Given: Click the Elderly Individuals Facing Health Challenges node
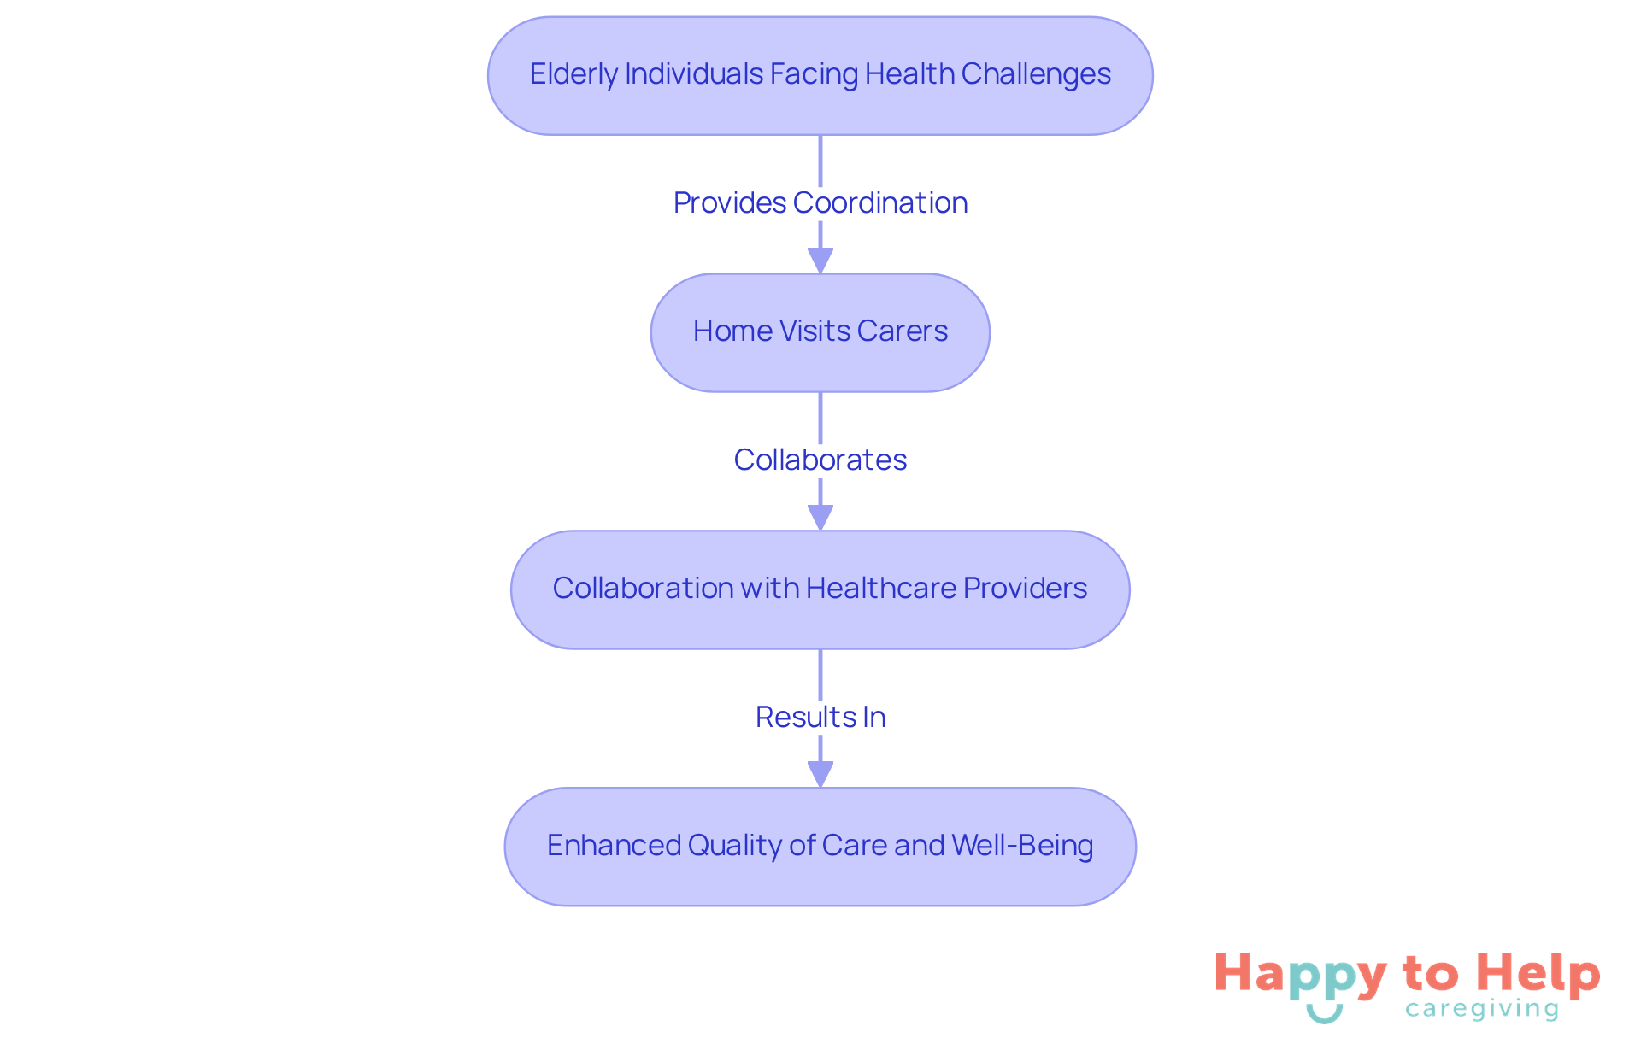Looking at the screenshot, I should click(x=820, y=75).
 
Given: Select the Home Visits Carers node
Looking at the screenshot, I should click(x=820, y=332).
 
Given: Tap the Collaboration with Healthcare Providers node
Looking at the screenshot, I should click(x=820, y=589).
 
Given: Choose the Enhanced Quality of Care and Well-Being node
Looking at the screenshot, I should click(x=820, y=847).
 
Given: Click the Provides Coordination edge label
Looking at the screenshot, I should click(x=820, y=203).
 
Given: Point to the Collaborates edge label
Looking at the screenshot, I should click(x=820, y=460).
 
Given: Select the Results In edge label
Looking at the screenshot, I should click(x=820, y=718).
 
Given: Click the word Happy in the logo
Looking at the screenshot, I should click(x=1301, y=975).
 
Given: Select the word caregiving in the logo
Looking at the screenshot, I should click(x=1482, y=1009).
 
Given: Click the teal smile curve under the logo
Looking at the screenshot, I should click(x=1324, y=1014).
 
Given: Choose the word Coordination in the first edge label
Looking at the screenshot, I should click(x=880, y=203).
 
